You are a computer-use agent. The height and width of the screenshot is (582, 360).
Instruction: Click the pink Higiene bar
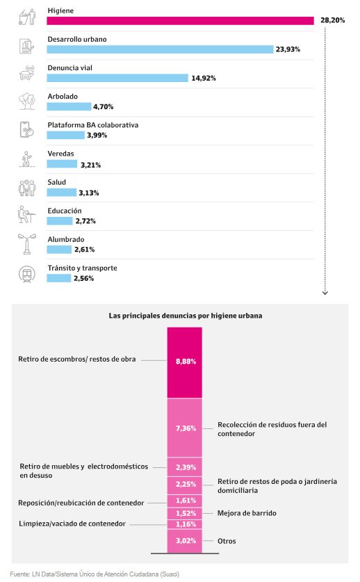(180, 21)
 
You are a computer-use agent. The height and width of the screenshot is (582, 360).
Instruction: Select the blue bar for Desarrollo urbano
(160, 49)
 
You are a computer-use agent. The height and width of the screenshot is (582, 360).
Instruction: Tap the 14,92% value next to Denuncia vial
(204, 78)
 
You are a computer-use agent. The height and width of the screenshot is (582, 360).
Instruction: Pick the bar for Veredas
(62, 164)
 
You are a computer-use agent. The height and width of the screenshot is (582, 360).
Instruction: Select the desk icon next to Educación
(26, 215)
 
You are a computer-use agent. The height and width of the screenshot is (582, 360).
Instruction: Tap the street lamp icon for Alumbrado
(26, 243)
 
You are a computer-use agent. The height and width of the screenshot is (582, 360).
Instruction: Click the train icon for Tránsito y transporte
(26, 273)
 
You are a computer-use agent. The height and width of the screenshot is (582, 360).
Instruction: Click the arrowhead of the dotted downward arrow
(325, 292)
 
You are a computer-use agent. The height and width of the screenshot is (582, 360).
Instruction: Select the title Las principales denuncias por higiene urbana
(185, 315)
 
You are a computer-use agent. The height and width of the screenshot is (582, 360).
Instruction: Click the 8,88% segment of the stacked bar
(184, 362)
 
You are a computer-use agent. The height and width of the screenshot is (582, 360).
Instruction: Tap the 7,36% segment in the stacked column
(184, 428)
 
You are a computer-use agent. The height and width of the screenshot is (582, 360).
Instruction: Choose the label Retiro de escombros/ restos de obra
(77, 359)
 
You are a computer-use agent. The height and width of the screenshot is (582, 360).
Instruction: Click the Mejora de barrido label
(247, 513)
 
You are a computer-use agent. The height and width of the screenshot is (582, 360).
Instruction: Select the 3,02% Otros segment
(184, 540)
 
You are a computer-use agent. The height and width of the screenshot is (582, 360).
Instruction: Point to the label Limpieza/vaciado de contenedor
(72, 524)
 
